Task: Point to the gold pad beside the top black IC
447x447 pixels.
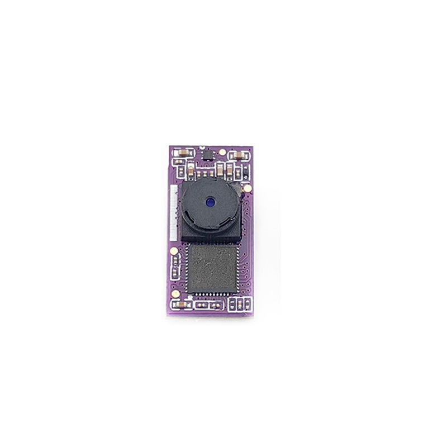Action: [x=222, y=151]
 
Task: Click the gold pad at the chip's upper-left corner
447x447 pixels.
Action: [x=175, y=250]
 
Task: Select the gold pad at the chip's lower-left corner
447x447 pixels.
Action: [x=175, y=291]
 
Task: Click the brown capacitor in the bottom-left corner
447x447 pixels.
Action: [x=182, y=305]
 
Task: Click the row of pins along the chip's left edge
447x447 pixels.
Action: [x=187, y=270]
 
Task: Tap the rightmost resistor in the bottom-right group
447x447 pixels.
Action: [x=246, y=305]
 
